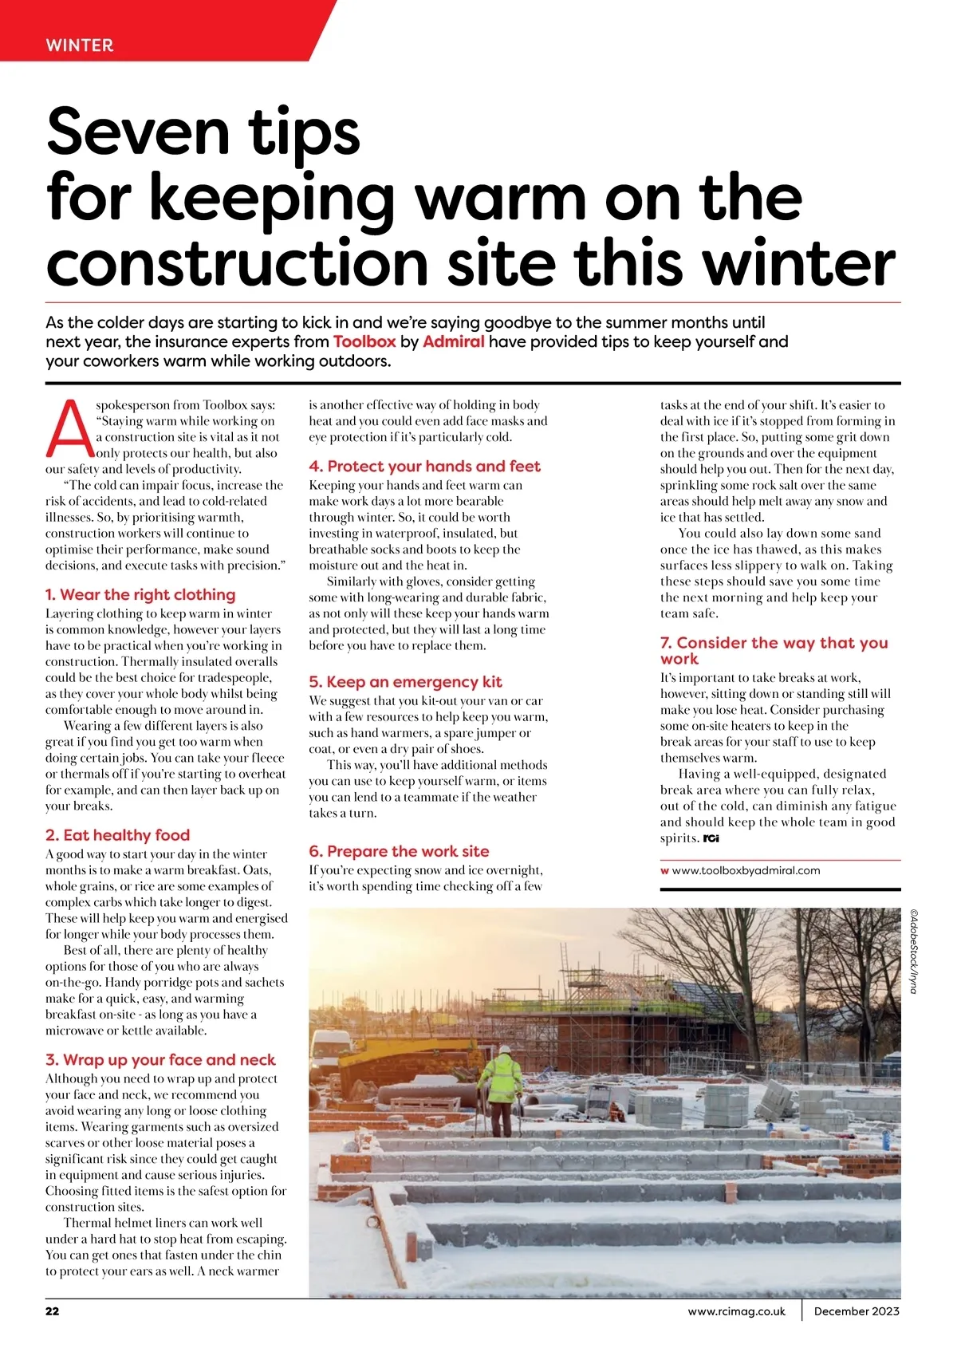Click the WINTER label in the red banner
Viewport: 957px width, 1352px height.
pyautogui.click(x=80, y=45)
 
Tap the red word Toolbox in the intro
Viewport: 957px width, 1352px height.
pyautogui.click(x=364, y=342)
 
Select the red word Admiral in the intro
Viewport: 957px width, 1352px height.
pyautogui.click(x=453, y=342)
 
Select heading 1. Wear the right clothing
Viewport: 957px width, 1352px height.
pyautogui.click(x=140, y=595)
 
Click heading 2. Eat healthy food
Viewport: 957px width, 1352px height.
pyautogui.click(x=117, y=835)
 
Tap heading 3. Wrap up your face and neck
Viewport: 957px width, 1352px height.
pyautogui.click(x=160, y=1060)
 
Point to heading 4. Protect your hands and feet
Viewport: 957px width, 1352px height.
pyautogui.click(x=424, y=467)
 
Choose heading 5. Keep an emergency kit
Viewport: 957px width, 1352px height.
pyautogui.click(x=405, y=682)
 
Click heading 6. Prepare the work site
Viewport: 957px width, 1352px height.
pyautogui.click(x=399, y=852)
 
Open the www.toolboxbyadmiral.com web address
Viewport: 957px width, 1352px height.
pyautogui.click(x=746, y=871)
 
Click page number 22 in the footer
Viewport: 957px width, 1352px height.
pyautogui.click(x=52, y=1311)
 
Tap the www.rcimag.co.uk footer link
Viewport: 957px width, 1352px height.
pyautogui.click(x=736, y=1311)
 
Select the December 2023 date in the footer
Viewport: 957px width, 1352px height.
pyautogui.click(x=856, y=1311)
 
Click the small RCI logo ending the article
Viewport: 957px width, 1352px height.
pyautogui.click(x=711, y=838)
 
